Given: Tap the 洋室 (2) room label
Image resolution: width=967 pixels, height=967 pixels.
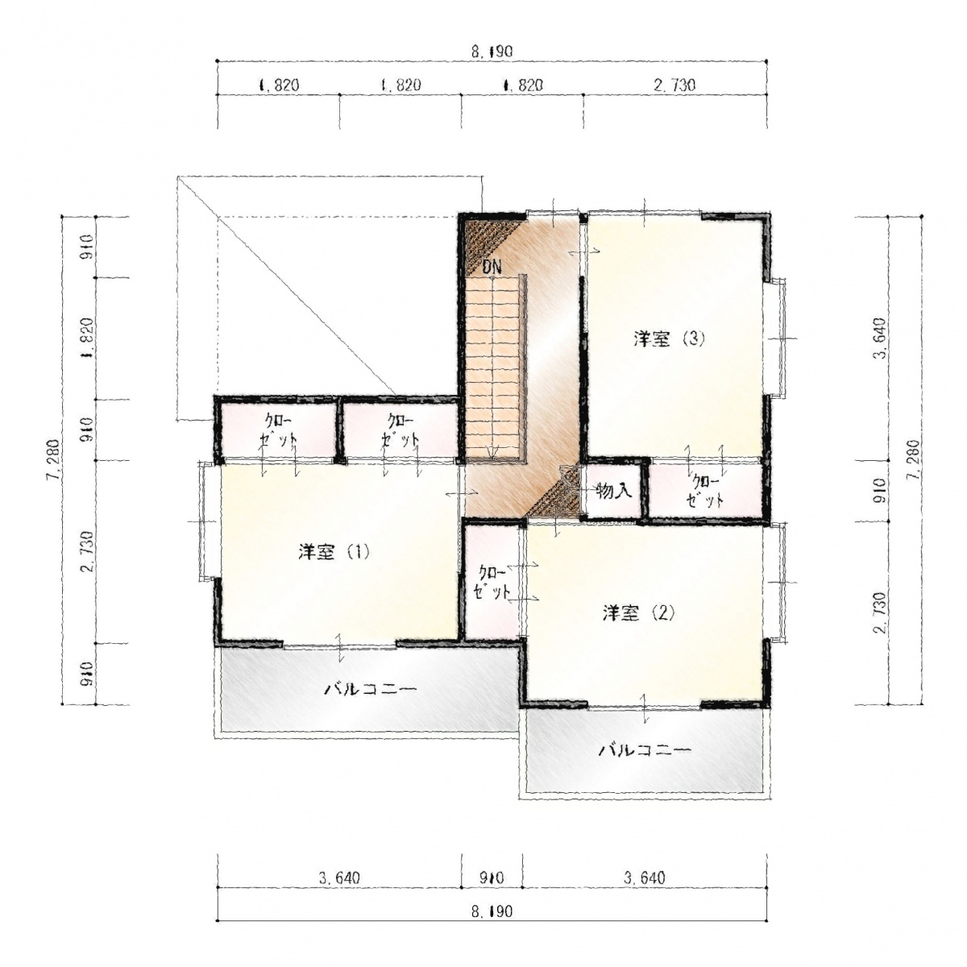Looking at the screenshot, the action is coord(638,612).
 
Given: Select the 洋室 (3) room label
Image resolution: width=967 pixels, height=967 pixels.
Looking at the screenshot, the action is coord(669,339).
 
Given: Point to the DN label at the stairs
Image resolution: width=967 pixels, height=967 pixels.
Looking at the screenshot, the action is coord(492,267).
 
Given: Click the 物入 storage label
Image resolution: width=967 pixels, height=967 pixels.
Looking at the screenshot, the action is coord(613,492).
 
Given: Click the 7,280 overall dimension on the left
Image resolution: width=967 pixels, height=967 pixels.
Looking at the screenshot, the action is coord(55,459).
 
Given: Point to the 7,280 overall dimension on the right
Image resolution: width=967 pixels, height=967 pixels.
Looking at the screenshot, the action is coord(914,459).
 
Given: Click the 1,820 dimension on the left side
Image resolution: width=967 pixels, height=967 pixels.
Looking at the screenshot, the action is coord(87,338).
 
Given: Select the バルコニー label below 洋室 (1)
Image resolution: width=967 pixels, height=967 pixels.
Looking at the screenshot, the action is coord(370,689).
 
